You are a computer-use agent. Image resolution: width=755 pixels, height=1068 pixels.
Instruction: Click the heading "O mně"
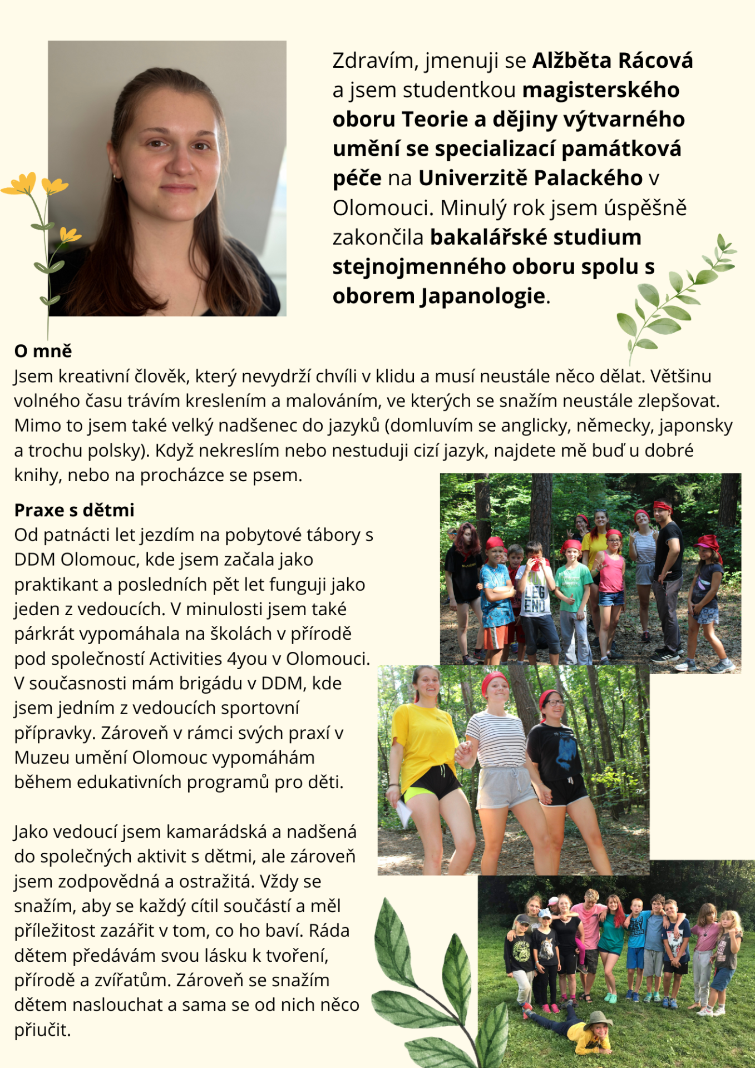click(43, 351)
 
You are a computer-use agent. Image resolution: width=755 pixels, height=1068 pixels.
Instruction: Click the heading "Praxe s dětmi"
click(74, 510)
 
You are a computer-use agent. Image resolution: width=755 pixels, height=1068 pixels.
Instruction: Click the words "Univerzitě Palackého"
click(530, 178)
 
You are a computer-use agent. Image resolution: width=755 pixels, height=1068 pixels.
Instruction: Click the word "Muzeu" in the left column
click(42, 757)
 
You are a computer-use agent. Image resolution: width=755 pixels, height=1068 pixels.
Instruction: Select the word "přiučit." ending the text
click(42, 1030)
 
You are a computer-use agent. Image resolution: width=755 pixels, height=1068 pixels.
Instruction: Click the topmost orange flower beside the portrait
click(21, 184)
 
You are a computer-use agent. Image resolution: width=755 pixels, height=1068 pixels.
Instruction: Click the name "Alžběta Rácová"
click(613, 60)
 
